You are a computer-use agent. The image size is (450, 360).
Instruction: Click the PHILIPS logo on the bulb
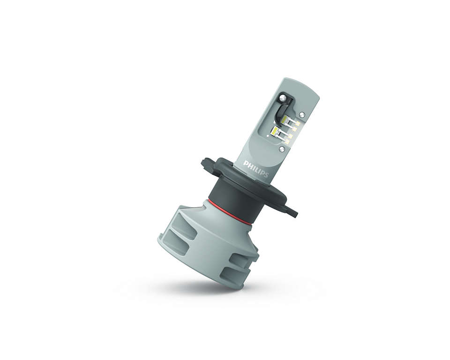pyautogui.click(x=256, y=169)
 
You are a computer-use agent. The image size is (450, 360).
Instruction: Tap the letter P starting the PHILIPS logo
pyautogui.click(x=245, y=163)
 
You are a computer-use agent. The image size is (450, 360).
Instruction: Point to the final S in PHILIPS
pyautogui.click(x=266, y=174)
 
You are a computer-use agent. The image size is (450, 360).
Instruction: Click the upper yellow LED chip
pyautogui.click(x=286, y=120)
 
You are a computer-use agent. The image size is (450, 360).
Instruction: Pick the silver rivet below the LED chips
pyautogui.click(x=282, y=149)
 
